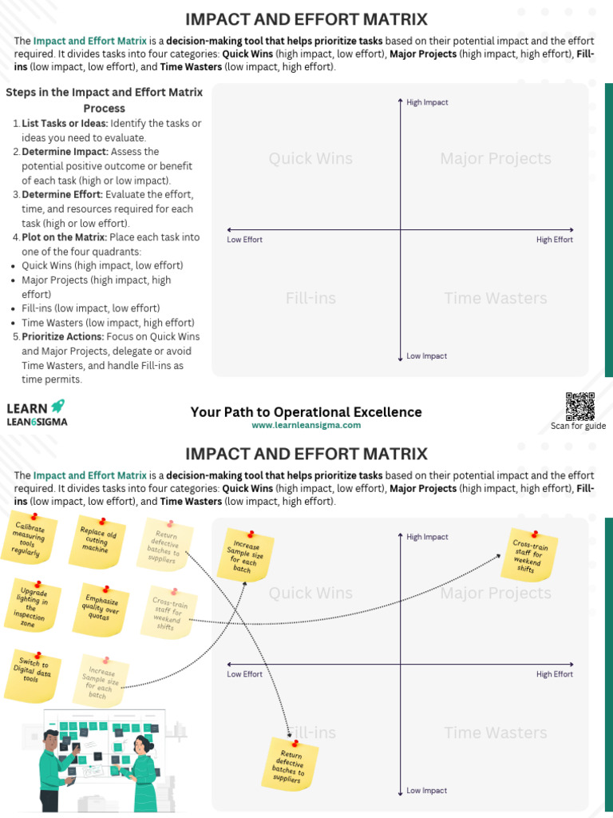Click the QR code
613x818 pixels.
(x=580, y=407)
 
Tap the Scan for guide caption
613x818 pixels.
(x=578, y=426)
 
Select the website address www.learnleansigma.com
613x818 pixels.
(x=306, y=426)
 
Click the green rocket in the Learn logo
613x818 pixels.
(x=57, y=407)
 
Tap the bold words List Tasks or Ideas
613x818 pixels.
(x=65, y=123)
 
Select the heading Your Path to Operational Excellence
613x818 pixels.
(x=306, y=412)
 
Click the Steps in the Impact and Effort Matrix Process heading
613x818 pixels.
(x=104, y=100)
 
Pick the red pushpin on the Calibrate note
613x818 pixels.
(x=34, y=518)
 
